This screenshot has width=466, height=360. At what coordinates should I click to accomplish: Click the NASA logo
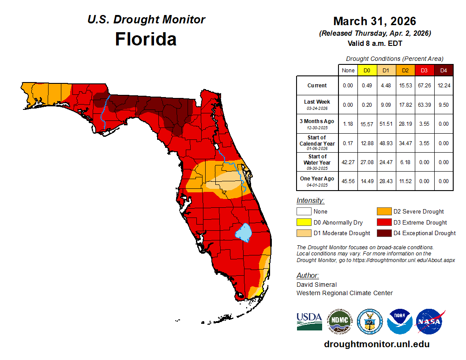pos(430,322)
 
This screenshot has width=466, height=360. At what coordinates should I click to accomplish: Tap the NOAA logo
pos(399,322)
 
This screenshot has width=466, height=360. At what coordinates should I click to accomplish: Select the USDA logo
pos(309,322)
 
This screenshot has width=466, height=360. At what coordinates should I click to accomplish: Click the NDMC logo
pos(339,322)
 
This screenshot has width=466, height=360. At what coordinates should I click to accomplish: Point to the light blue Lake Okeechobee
pos(243,232)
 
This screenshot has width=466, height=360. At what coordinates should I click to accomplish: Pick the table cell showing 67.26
pos(424,86)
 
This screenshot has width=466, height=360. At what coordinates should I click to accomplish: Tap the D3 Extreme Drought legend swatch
pos(383,222)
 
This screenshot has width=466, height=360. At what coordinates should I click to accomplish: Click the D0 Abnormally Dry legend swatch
pos(304,222)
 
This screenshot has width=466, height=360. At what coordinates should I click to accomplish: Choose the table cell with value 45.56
pos(348,181)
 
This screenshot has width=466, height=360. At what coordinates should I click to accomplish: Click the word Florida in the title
pos(146,39)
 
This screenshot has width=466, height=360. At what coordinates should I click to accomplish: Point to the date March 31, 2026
pos(375,21)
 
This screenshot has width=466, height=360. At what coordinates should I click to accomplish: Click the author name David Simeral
pos(316,285)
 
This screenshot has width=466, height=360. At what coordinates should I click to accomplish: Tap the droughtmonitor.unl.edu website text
pos(376,344)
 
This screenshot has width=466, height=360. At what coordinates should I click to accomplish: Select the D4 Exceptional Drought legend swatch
pos(383,233)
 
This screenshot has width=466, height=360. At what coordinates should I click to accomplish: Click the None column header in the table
pos(348,70)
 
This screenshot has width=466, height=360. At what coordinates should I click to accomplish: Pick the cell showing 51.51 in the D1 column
pos(386,124)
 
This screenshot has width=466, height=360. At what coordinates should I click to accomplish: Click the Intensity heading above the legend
pos(310,201)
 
